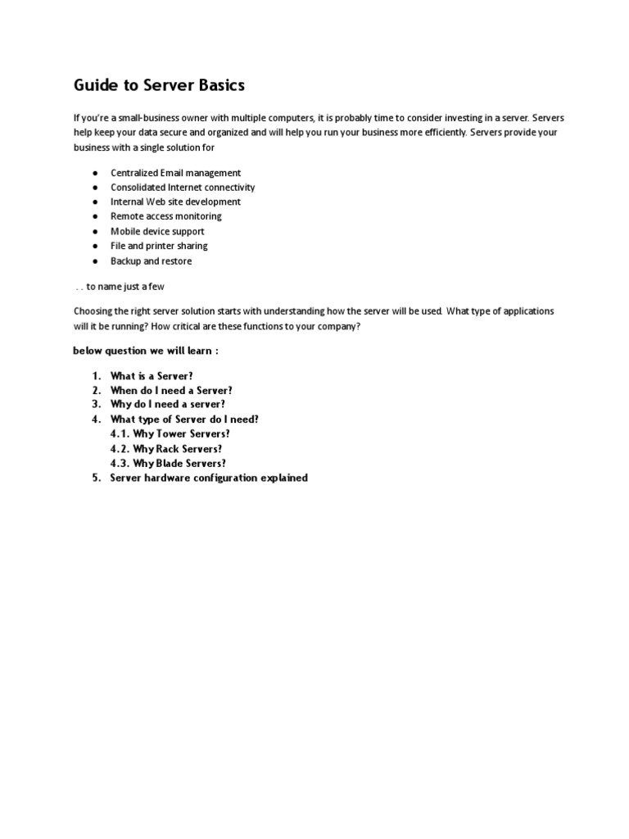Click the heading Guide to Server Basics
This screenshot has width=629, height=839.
[159, 85]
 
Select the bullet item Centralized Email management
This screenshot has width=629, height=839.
[175, 173]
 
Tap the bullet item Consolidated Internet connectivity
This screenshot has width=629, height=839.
[183, 188]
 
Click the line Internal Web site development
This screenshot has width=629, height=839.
[175, 202]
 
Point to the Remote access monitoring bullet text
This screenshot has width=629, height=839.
[165, 216]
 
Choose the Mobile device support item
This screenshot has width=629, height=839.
[157, 231]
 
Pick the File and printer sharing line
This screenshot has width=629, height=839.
[159, 246]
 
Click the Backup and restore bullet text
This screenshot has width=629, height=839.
[151, 261]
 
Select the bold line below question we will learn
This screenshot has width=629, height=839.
[145, 351]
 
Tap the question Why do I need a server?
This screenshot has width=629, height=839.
[167, 404]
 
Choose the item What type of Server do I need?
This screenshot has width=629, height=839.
[184, 419]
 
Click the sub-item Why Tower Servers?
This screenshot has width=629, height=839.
[170, 433]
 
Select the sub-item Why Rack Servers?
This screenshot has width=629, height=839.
[165, 449]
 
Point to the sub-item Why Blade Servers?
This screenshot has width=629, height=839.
[168, 463]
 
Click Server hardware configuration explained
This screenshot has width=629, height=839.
[209, 478]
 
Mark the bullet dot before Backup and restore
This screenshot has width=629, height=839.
[95, 261]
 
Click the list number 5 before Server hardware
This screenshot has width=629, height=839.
[95, 478]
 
